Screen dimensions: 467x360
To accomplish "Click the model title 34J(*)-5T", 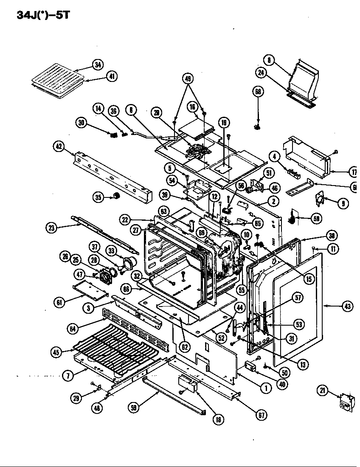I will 42,15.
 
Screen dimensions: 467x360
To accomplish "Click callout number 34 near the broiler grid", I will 98,65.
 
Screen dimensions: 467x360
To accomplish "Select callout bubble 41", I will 112,77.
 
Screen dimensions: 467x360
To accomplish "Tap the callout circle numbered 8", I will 269,60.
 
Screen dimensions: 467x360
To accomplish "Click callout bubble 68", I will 258,92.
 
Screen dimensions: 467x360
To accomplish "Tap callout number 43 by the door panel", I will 347,306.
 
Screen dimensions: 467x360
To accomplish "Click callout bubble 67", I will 261,415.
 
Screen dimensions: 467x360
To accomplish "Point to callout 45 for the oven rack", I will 56,352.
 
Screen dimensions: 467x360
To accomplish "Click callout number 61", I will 60,302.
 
